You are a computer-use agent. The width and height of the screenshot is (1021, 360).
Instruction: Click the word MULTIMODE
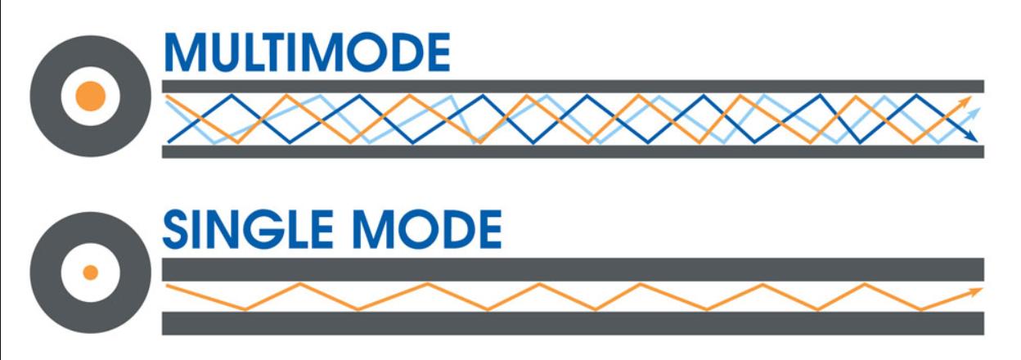(308, 52)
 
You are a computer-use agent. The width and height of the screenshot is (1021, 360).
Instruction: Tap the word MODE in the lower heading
(427, 229)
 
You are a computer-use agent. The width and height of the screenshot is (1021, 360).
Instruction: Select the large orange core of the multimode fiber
(90, 97)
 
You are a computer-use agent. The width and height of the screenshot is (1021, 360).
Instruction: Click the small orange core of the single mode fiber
(90, 272)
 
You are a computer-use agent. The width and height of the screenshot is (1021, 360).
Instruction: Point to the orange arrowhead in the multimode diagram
(965, 102)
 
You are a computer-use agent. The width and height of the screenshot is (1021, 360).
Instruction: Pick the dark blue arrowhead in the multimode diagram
(971, 137)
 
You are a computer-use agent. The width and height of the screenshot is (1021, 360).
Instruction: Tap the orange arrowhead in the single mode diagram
(975, 291)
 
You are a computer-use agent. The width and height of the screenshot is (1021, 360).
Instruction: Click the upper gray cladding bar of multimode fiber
(573, 87)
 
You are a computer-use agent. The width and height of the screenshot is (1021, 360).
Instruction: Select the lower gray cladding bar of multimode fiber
(573, 151)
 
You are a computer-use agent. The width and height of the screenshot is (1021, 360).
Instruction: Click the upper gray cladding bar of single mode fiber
(573, 269)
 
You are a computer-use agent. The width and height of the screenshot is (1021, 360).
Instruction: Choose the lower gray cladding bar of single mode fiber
(573, 323)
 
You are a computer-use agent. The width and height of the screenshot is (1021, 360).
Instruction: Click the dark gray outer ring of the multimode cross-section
(45, 97)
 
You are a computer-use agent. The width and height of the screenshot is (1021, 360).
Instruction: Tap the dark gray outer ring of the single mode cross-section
(45, 272)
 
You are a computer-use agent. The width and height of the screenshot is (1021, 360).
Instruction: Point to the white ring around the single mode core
(70, 272)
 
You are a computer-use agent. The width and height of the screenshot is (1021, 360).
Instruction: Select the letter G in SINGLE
(266, 229)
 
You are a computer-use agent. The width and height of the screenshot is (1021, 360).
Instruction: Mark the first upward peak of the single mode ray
(300, 284)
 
